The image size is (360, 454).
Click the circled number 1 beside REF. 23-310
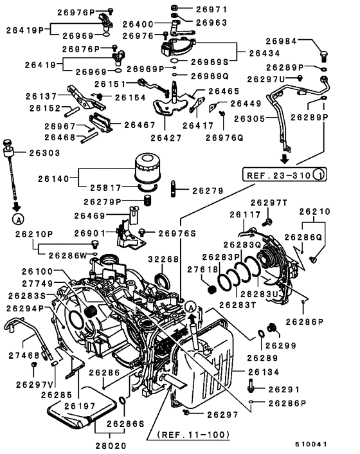point(319,174)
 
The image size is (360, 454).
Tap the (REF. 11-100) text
point(192,435)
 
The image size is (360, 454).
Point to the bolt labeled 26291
point(252,388)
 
